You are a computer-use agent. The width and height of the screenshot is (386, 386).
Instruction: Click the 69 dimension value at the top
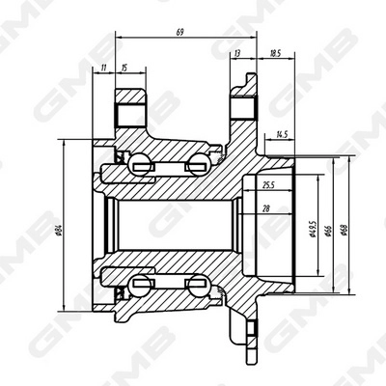[180, 32]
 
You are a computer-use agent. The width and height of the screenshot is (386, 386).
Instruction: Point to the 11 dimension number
[102, 68]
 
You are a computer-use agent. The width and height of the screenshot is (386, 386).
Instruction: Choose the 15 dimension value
[124, 68]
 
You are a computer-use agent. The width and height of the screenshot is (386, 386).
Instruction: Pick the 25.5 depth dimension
[268, 184]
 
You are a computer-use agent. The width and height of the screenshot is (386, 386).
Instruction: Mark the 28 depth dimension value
[264, 207]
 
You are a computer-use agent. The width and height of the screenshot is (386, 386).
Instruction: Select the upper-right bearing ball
[199, 164]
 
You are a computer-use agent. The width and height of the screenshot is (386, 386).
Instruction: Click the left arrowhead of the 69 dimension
[117, 38]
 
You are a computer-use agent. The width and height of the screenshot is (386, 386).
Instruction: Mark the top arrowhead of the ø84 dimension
[67, 141]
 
